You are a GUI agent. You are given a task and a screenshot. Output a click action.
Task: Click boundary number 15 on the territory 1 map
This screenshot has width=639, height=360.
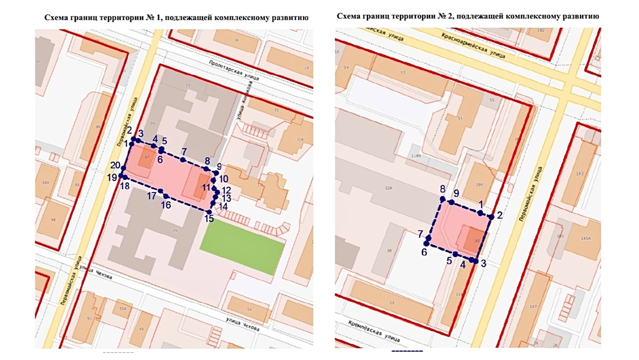[x=209, y=219]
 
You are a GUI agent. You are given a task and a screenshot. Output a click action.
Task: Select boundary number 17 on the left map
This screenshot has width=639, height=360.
[x=151, y=195]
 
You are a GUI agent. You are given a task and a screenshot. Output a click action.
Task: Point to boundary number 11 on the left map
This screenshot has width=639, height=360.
[x=206, y=188]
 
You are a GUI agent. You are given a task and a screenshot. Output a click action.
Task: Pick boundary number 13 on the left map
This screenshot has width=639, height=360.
[x=227, y=198]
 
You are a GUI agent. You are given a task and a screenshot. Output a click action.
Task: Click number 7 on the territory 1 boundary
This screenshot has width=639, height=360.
[x=184, y=152]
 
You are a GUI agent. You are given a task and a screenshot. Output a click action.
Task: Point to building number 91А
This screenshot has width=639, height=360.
[x=123, y=308]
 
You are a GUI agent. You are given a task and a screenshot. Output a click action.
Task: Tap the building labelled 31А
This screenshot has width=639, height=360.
[x=299, y=140]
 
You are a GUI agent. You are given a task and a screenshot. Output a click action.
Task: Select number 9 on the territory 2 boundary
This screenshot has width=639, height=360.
[x=456, y=194]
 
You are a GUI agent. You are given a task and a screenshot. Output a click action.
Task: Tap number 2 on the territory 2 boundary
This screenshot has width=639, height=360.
[x=499, y=215]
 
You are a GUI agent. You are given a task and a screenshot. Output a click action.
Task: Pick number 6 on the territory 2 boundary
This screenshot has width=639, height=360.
[x=424, y=252]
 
